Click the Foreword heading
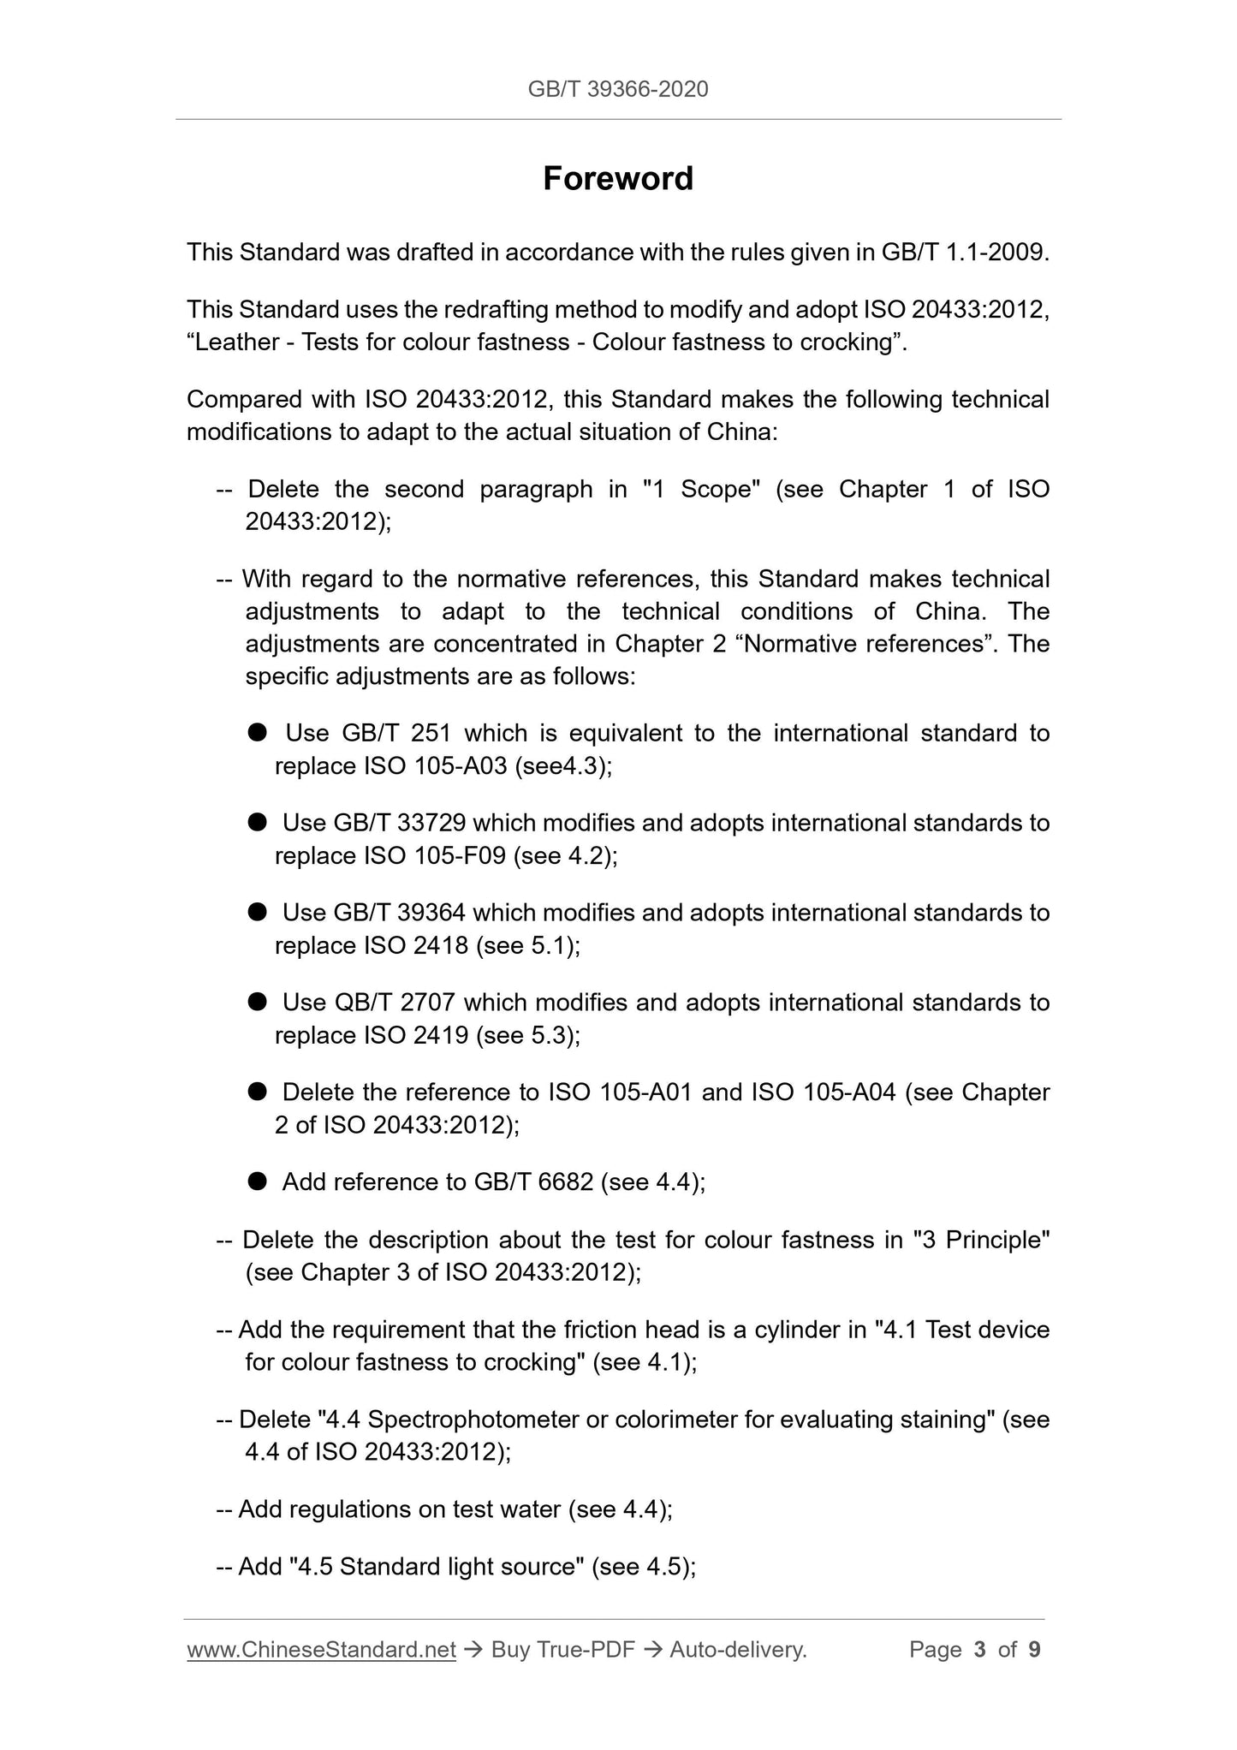(618, 179)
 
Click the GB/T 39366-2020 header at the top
(618, 89)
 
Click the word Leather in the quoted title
(236, 342)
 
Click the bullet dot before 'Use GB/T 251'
(258, 733)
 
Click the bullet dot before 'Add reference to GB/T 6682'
(258, 1182)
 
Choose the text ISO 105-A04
(824, 1092)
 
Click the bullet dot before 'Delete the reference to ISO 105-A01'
(258, 1092)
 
